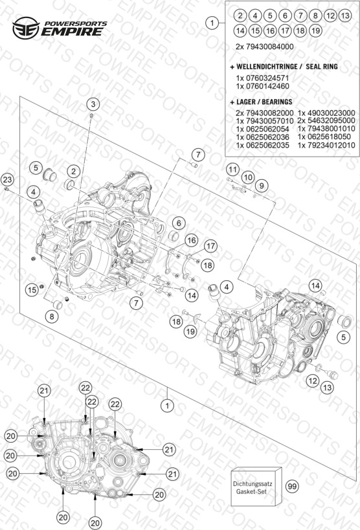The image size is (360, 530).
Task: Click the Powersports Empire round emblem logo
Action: click(26, 28)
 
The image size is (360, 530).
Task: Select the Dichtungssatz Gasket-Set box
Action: click(256, 487)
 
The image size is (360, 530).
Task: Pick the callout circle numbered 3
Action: click(93, 104)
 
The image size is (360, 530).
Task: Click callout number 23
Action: click(7, 179)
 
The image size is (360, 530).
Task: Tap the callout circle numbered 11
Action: click(232, 169)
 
